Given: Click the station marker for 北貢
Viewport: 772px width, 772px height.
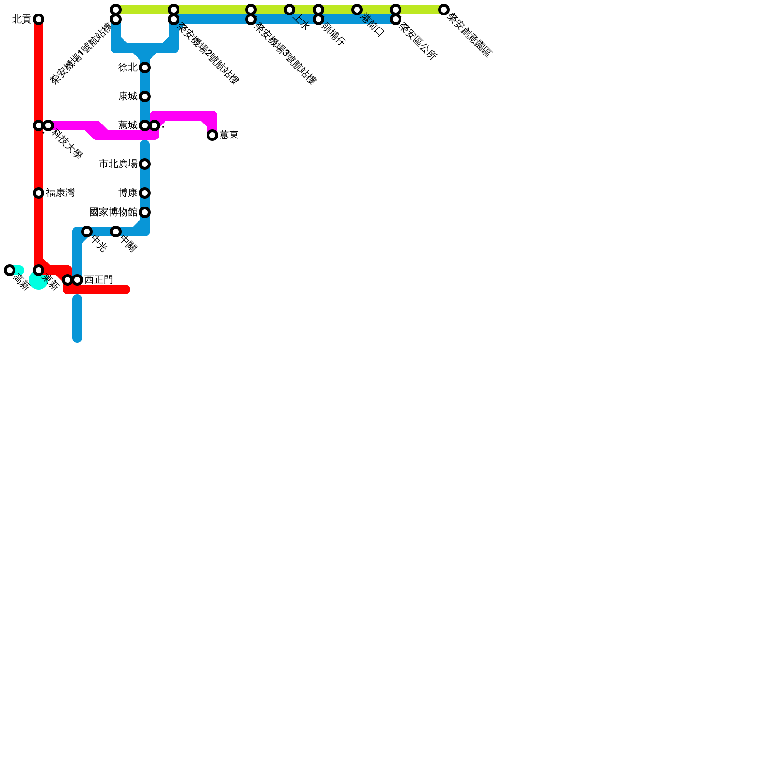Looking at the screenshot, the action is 39,19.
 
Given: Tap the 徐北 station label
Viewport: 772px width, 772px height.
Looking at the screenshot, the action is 128,68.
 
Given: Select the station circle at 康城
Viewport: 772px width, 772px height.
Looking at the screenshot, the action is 145,96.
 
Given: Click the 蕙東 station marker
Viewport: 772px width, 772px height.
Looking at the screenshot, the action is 212,135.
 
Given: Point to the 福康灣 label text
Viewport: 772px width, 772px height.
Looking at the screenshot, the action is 60,193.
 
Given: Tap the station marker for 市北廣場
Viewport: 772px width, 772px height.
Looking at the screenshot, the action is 145,164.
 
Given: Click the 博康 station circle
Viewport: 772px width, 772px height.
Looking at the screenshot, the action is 145,193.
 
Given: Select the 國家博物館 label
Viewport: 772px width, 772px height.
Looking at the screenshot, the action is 113,212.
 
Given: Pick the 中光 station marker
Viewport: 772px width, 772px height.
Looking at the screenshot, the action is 87,232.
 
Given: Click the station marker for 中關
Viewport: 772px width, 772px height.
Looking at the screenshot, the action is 116,232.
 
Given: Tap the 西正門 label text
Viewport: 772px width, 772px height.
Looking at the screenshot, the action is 99,280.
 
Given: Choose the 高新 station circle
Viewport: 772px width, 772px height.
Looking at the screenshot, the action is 10,270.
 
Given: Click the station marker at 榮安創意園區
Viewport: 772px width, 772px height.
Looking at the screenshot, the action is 444,10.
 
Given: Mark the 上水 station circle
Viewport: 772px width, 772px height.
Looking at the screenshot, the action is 289,10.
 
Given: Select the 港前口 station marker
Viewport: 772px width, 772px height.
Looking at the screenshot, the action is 357,10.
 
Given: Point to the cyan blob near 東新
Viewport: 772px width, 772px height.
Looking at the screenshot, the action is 38,280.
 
